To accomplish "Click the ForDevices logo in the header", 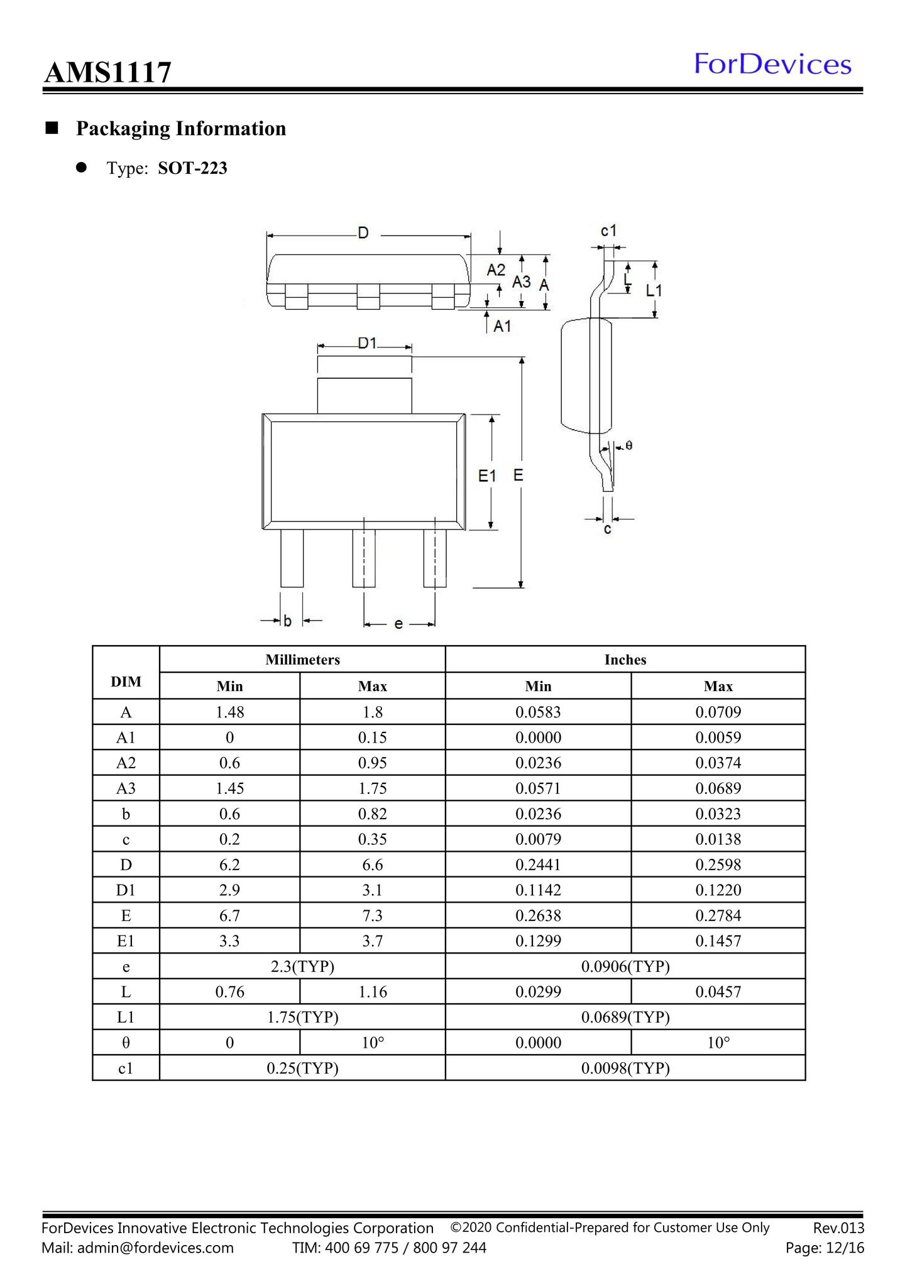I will pos(772,65).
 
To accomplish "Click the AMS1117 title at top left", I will pos(107,72).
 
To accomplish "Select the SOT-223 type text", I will pos(192,168).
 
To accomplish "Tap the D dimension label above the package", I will pos(363,233).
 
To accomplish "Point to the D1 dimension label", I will pos(367,343).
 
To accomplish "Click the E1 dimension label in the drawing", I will pos(487,476).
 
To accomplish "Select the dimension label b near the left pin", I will pos(287,621).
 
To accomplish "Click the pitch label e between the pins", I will pos(398,624).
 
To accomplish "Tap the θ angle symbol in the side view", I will pos(629,445).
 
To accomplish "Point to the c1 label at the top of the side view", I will pos(608,231).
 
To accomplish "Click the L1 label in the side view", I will pos(654,290).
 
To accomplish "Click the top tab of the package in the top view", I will pos(365,396).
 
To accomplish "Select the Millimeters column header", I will pos(302,660).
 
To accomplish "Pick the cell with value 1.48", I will pos(230,712).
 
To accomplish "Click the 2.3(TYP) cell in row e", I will pos(302,966).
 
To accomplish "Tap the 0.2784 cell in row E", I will pos(718,915).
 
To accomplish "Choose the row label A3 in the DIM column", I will pos(126,788).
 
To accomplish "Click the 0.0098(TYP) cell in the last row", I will pos(625,1068).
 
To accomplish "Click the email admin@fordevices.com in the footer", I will pos(155,1248).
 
